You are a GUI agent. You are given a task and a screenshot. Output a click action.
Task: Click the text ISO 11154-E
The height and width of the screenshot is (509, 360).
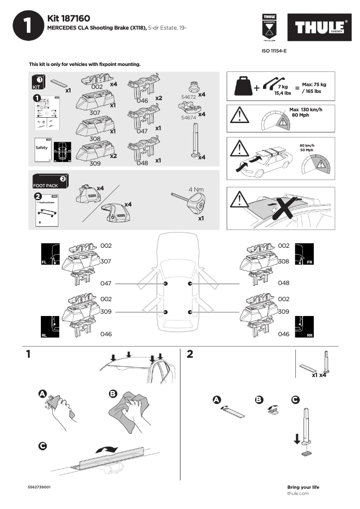click(274, 51)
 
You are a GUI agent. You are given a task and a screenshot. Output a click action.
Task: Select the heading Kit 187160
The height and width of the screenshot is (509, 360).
click(69, 18)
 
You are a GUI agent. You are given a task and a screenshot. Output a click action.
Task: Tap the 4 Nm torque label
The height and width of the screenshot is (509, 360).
click(197, 189)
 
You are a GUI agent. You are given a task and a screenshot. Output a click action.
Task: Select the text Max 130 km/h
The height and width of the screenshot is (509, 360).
click(306, 110)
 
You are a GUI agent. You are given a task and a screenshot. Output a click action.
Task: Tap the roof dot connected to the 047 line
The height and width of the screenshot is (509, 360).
click(166, 284)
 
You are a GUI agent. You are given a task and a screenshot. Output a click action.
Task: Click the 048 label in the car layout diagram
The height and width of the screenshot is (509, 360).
click(284, 283)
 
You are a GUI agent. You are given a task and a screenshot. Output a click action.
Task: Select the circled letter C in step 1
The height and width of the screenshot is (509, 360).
click(42, 446)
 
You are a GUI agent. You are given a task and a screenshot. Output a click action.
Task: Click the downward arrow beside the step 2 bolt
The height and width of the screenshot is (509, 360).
click(297, 438)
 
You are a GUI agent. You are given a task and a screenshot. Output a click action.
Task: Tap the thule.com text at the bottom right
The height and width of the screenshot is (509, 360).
click(298, 494)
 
